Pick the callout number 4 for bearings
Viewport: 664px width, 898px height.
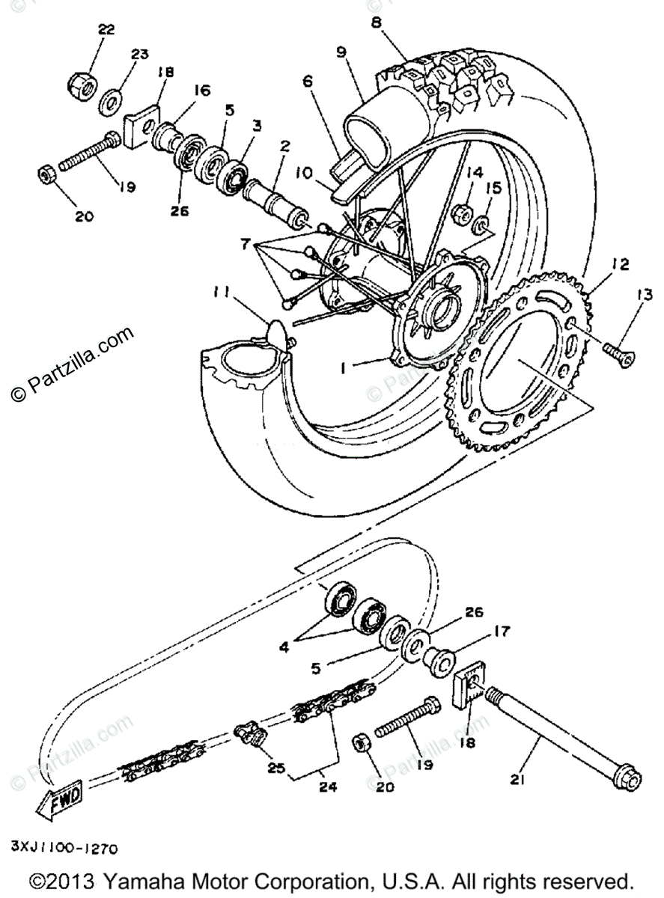[283, 645]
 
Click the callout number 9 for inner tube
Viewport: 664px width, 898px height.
[341, 53]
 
